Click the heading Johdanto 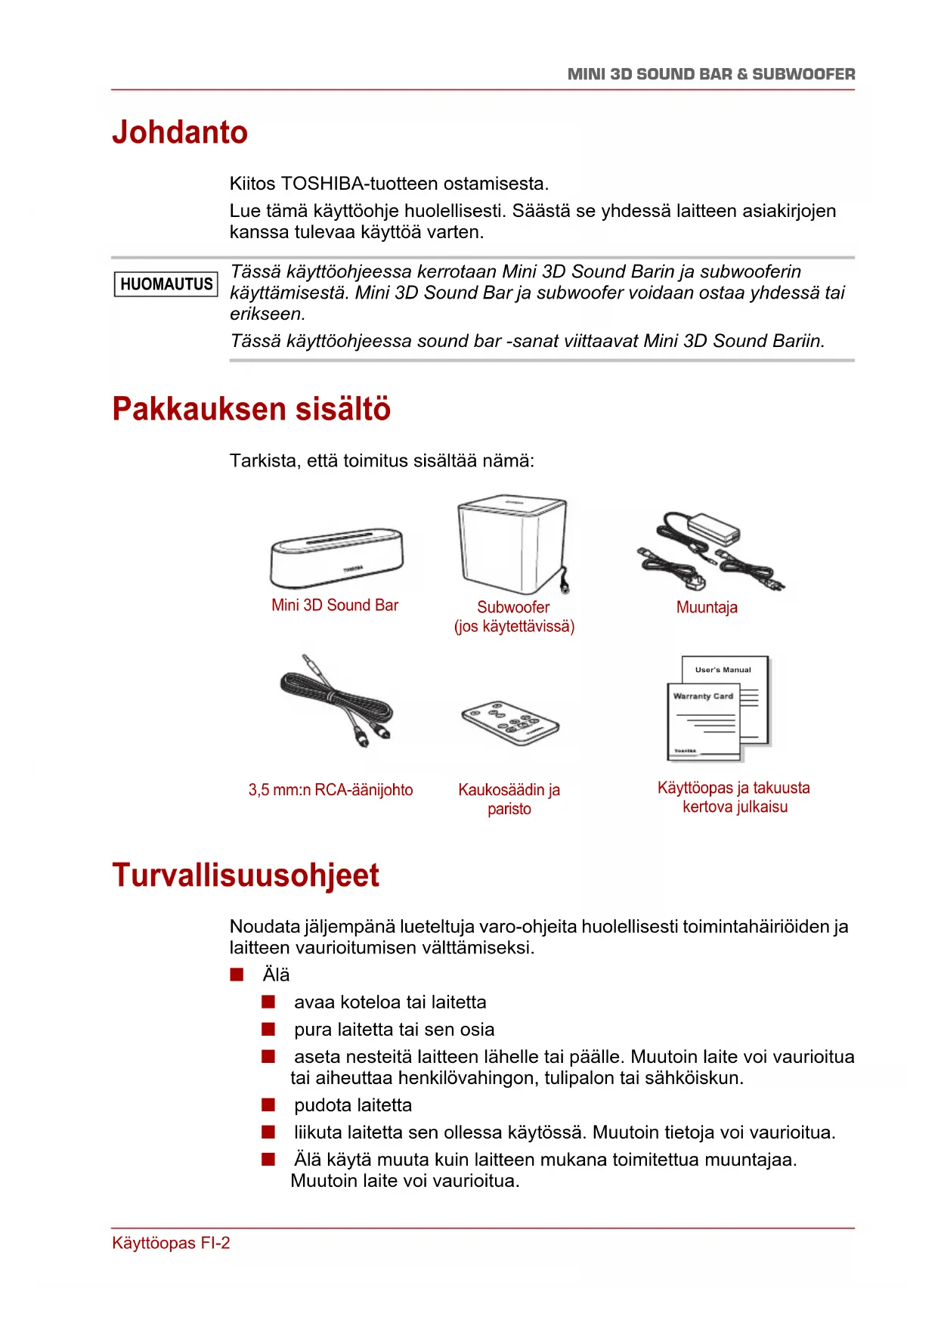[180, 132]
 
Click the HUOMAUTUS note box [166, 284]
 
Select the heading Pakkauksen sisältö [251, 409]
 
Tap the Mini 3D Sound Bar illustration [336, 558]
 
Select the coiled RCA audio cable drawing [336, 701]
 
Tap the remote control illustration [510, 723]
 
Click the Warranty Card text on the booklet [703, 696]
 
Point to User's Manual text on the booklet [723, 670]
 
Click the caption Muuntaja [707, 608]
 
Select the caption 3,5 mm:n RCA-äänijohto [330, 790]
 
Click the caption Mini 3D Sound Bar [335, 606]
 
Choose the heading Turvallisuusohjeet [246, 875]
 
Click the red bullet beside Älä [237, 974]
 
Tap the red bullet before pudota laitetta [268, 1105]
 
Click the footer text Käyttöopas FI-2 [171, 1244]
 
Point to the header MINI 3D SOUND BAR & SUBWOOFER [711, 74]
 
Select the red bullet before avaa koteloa [268, 1002]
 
